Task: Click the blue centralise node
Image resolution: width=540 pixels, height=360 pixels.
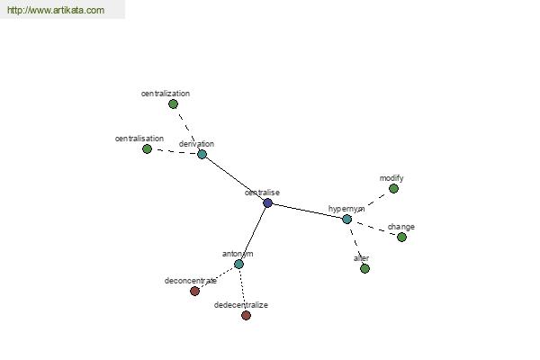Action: coord(267,202)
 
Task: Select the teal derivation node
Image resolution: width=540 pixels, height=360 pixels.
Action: coord(202,154)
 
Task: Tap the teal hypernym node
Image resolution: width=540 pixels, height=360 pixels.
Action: coord(346,219)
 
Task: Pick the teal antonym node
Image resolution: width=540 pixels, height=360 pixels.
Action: coord(238,265)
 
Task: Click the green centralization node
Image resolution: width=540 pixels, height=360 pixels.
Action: coord(173,103)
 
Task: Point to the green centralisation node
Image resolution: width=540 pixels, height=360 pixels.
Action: coord(147,149)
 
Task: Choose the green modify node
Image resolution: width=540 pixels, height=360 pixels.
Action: coord(393,188)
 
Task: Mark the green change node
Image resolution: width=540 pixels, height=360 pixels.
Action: coord(401,237)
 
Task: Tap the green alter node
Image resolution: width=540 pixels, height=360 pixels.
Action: coord(364,268)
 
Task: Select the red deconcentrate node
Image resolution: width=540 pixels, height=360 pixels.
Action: coord(194,291)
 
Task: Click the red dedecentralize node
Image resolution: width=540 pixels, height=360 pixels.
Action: coord(246,315)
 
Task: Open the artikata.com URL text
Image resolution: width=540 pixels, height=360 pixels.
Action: coord(56,10)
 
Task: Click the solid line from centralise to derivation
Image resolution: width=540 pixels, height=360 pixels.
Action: coord(235,178)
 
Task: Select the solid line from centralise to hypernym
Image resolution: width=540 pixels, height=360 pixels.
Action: coord(307,211)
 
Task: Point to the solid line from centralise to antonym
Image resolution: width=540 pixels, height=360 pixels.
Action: coord(253,234)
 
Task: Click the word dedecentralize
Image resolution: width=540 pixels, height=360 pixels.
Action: coord(240,305)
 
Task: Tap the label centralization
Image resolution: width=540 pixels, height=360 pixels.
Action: coord(166,94)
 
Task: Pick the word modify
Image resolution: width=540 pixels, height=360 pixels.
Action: coord(391,178)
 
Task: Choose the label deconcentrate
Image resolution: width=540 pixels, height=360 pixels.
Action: coord(191,281)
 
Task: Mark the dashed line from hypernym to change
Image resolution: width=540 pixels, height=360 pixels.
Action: coord(374,228)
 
